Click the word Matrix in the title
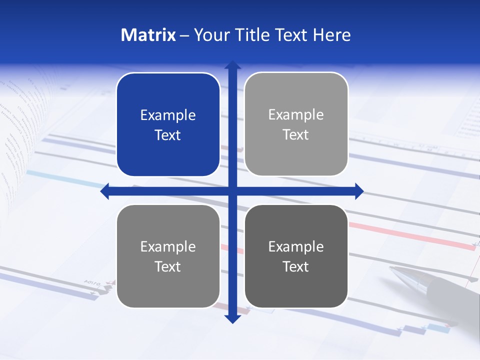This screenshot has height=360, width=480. click(x=148, y=35)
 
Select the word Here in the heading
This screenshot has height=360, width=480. click(x=332, y=35)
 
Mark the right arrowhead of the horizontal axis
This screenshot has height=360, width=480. click(x=359, y=191)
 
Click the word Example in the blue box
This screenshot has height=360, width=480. click(x=168, y=115)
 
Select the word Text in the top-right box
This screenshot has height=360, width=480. click(x=296, y=135)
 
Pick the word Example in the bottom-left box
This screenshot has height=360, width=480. click(x=168, y=247)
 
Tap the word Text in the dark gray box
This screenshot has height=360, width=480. click(x=296, y=267)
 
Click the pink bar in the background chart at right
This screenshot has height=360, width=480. click(x=410, y=233)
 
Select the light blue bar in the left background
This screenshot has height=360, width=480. click(x=60, y=177)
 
